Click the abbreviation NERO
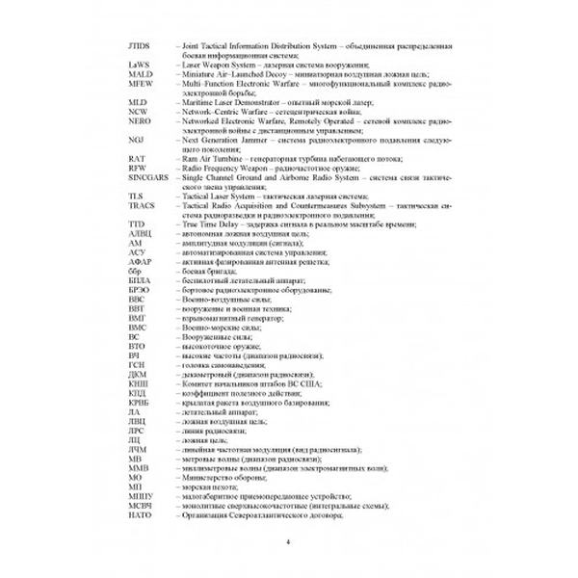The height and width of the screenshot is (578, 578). (x=139, y=122)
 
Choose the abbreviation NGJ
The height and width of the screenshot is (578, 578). (x=135, y=140)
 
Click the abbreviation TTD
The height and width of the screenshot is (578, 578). (x=136, y=225)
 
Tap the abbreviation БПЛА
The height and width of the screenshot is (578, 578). (x=139, y=277)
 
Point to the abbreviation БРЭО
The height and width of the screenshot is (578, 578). (x=139, y=286)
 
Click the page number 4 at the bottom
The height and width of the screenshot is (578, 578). (x=289, y=546)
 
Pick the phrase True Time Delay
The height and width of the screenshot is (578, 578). (x=206, y=225)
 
